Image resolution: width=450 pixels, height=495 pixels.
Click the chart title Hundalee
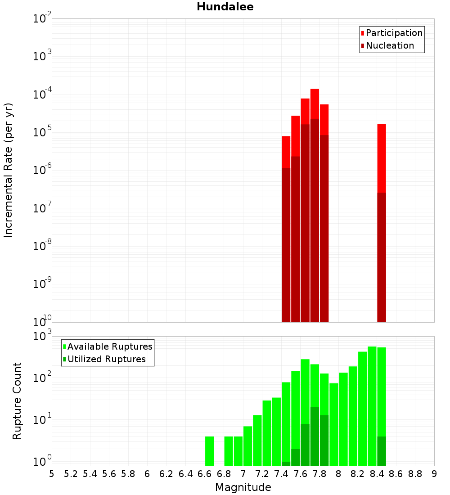click(225, 7)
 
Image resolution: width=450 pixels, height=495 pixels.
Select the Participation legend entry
click(394, 33)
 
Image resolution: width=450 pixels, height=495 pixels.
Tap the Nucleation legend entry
click(389, 45)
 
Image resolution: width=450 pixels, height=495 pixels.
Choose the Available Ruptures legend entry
click(109, 346)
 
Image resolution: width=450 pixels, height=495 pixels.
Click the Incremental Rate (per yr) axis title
click(9, 170)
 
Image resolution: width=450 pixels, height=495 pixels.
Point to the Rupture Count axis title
click(17, 401)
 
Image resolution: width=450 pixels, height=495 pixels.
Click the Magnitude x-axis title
click(243, 487)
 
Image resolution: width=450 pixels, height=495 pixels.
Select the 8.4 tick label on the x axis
click(377, 474)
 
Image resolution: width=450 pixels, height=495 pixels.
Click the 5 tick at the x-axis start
click(52, 474)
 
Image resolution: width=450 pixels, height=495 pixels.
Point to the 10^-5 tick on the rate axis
click(42, 132)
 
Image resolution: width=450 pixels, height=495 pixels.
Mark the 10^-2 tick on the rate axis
click(42, 19)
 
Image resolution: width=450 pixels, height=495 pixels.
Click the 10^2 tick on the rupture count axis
click(42, 377)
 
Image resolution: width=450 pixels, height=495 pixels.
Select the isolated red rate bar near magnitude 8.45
click(382, 157)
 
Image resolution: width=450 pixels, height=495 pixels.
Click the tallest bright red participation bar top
click(315, 91)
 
